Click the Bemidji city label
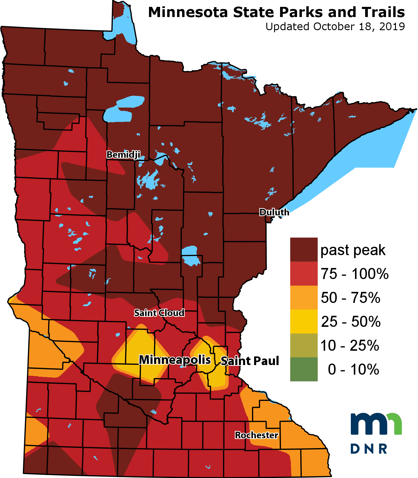pyautogui.click(x=123, y=155)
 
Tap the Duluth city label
pyautogui.click(x=274, y=212)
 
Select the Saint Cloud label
pyautogui.click(x=159, y=313)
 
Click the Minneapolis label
pyautogui.click(x=175, y=360)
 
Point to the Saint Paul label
pyautogui.click(x=250, y=361)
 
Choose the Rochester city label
pyautogui.click(x=256, y=435)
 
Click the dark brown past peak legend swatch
pyautogui.click(x=304, y=250)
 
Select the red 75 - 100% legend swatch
pyautogui.click(x=304, y=274)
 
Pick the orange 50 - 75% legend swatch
pyautogui.click(x=304, y=298)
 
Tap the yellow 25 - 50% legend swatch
pyautogui.click(x=304, y=321)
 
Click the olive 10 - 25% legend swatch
pyautogui.click(x=304, y=345)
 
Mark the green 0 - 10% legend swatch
pyautogui.click(x=304, y=369)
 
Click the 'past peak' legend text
pyautogui.click(x=353, y=250)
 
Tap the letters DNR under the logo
pyautogui.click(x=369, y=448)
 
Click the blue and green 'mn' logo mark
pyautogui.click(x=376, y=424)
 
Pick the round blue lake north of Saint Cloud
pyautogui.click(x=190, y=256)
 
